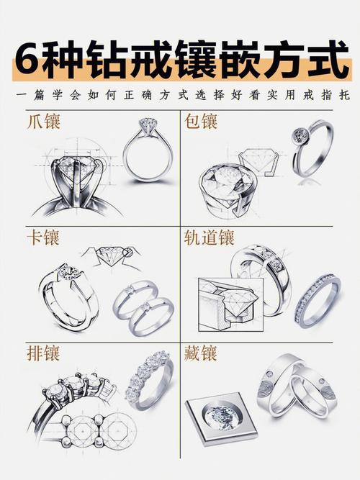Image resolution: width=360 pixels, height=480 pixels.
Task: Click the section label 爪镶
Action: [43, 121]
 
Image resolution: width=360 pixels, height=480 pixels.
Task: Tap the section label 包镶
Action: [201, 121]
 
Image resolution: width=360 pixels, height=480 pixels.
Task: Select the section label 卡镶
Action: [43, 237]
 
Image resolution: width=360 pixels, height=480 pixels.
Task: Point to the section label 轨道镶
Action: [210, 237]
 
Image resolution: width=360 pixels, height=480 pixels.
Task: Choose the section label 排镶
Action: [43, 353]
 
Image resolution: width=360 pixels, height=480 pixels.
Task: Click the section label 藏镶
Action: [201, 353]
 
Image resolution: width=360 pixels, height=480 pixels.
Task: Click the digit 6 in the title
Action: [27, 58]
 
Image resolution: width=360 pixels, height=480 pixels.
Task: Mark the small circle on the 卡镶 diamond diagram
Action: [126, 253]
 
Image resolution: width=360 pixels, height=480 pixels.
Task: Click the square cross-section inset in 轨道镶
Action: [231, 305]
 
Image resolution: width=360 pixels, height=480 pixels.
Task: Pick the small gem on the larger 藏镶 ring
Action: [270, 373]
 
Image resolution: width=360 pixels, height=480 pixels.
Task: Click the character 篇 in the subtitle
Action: [39, 95]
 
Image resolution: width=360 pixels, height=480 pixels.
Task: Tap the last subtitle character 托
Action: [343, 95]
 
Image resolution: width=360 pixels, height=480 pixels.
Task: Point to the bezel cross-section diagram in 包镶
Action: [260, 162]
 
